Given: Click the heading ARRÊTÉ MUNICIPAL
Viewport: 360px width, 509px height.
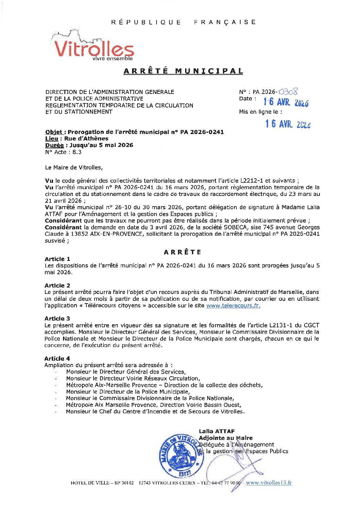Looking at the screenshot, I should pos(183,71).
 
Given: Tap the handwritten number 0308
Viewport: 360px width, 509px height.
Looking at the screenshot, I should pos(288,91).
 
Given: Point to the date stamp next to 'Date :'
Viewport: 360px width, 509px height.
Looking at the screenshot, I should pos(286,102).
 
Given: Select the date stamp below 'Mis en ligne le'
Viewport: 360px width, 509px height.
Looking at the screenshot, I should pos(288,124).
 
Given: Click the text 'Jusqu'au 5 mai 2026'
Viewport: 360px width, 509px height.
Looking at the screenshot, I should pos(101,145).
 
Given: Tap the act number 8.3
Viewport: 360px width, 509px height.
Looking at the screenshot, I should pos(77,152).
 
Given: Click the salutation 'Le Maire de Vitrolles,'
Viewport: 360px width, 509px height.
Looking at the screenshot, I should pos(73,167).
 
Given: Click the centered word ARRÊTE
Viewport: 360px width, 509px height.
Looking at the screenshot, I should pos(183,252).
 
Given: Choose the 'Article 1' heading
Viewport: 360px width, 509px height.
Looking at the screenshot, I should pos(57,259).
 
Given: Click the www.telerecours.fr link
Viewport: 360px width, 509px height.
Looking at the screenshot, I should pos(233,306).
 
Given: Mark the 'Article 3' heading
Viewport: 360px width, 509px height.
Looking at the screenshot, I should pos(57,318).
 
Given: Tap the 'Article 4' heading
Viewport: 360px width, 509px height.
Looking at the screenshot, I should pos(57,359).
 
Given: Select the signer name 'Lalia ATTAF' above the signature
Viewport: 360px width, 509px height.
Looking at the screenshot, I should pos(217,431).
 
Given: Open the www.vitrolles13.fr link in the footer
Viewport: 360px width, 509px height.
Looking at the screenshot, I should pos(269,482).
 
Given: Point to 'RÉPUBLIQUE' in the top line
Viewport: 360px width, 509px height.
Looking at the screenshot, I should pos(146,22).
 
